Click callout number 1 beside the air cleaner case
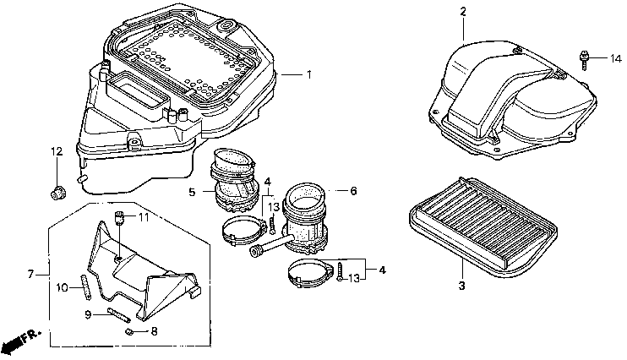click(308, 75)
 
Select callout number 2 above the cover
click(463, 12)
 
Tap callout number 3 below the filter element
click(461, 286)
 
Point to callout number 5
click(191, 193)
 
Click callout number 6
click(352, 190)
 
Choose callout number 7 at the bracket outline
click(30, 274)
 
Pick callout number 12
click(56, 151)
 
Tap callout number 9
click(88, 314)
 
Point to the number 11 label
click(143, 217)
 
